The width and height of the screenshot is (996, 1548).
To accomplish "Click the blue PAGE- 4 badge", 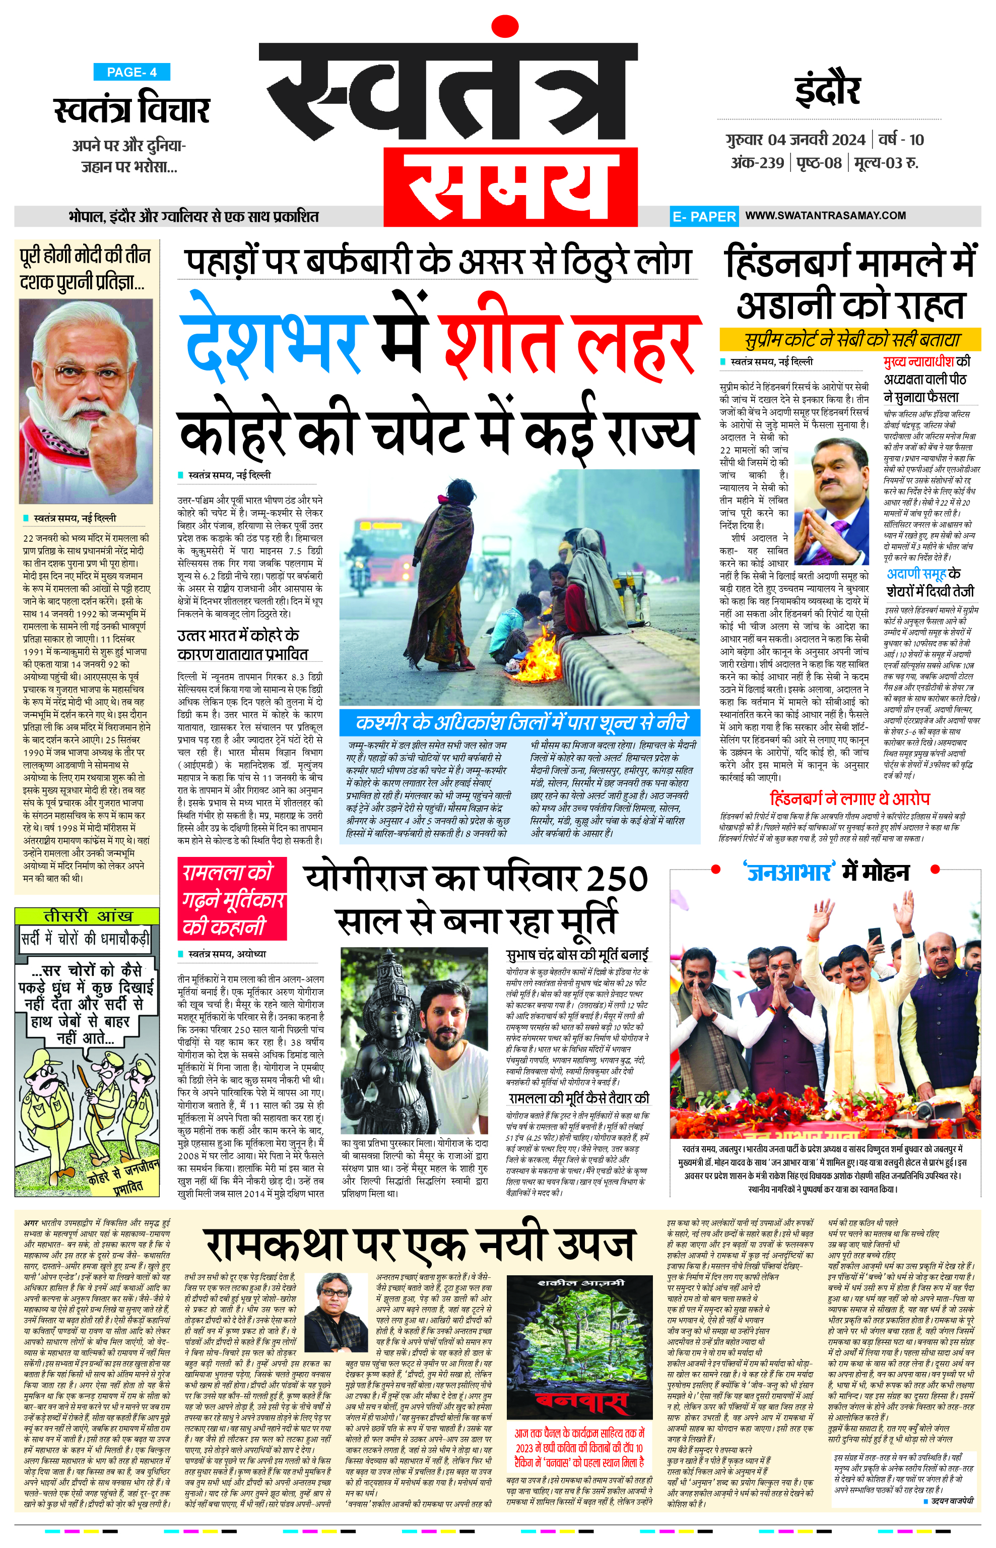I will click(131, 72).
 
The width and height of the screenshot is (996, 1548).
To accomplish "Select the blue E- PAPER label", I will click(704, 217).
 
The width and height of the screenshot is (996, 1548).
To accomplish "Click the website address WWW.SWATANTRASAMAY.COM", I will click(825, 216).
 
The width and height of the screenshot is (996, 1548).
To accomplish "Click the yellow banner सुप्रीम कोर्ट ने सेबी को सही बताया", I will click(850, 339).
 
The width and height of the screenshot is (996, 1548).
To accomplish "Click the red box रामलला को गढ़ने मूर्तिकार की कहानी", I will click(232, 900).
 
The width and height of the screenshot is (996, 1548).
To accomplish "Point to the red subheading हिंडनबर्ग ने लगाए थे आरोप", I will click(850, 798).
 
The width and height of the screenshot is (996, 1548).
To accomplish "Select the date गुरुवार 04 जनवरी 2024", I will click(795, 139).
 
